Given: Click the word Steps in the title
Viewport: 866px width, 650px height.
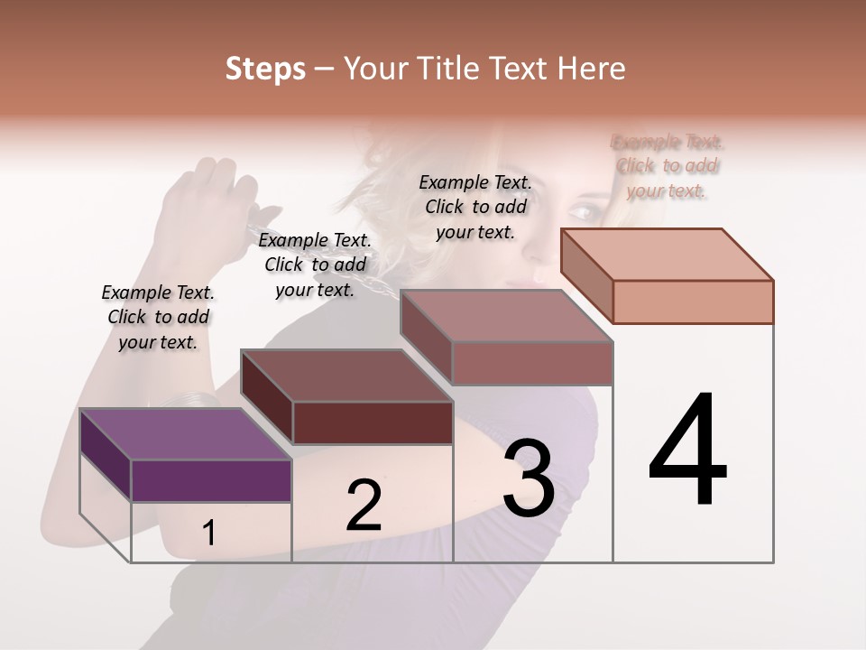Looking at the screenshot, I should (265, 69).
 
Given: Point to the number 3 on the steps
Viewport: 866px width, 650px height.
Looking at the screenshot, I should (529, 478).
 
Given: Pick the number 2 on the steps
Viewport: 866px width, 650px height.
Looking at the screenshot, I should (364, 506).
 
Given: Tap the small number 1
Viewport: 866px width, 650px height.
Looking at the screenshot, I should (209, 534).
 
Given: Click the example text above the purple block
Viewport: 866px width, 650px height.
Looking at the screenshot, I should (158, 317).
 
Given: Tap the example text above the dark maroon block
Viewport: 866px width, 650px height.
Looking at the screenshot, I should (315, 265).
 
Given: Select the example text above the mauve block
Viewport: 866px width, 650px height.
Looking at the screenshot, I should (475, 207).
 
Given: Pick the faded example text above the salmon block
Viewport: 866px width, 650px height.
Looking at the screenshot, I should (667, 166).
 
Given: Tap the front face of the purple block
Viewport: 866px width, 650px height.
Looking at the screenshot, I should (211, 480).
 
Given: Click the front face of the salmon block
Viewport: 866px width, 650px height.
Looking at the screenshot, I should (693, 302).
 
